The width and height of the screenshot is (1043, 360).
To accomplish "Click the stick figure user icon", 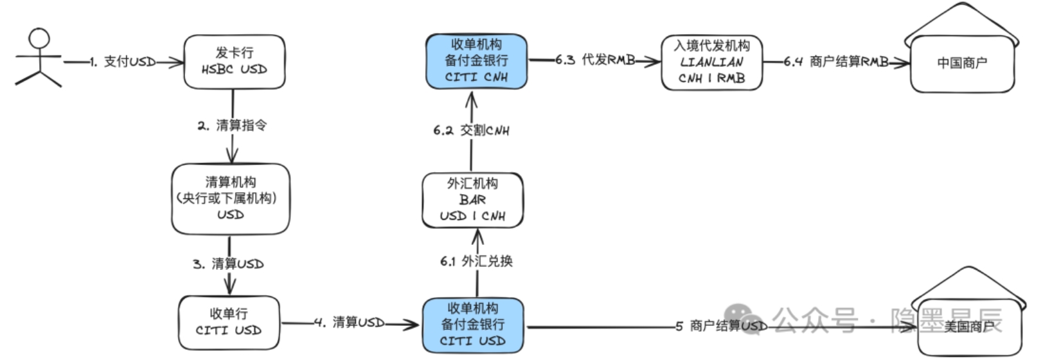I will (39, 58).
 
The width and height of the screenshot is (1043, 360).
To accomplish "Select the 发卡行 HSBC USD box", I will (234, 62).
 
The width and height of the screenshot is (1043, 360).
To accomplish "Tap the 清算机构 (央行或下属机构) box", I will (230, 199).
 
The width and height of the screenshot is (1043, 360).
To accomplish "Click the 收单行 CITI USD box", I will (229, 322).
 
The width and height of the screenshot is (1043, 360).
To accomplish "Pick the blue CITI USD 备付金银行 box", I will (472, 325).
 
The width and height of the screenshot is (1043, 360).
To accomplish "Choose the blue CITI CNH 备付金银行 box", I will (476, 61).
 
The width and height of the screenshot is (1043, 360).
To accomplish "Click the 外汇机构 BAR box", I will (472, 200).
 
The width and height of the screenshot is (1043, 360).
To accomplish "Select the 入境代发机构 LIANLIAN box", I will (711, 62).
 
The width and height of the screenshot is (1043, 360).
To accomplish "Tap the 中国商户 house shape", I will (961, 63).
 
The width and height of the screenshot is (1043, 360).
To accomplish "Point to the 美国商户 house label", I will (968, 327).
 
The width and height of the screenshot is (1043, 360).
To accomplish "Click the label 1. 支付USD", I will (122, 62).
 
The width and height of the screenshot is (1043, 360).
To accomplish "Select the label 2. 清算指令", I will (232, 125).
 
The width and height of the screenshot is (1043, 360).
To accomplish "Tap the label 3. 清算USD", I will (228, 264).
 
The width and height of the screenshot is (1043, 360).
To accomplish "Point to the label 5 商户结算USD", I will (720, 326).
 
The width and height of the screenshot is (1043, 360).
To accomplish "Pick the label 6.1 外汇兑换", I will (476, 261).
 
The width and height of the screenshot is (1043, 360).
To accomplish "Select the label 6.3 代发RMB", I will (595, 60).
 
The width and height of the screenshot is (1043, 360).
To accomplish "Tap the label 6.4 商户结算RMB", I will (836, 62).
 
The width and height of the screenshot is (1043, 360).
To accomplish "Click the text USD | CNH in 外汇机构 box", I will (472, 216).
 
